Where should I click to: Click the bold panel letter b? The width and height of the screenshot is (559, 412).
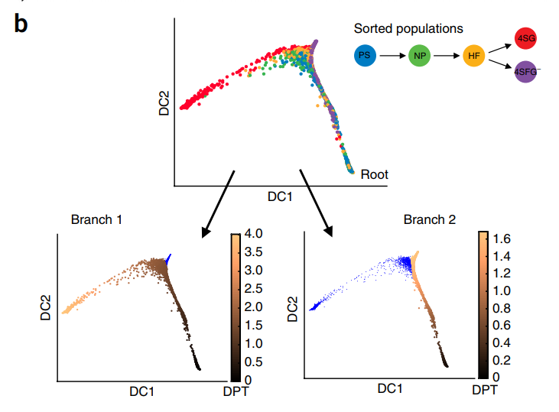(21, 24)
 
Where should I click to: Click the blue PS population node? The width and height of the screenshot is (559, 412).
(366, 56)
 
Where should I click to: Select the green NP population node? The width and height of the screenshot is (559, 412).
(419, 56)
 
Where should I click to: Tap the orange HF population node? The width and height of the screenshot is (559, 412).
(473, 56)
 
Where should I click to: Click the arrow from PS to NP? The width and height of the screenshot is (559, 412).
(392, 56)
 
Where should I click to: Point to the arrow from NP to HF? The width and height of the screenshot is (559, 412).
(446, 56)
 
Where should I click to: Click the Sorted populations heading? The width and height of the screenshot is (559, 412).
(408, 28)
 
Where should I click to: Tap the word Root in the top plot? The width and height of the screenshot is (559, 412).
(375, 174)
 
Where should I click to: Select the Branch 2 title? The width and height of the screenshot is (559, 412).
(430, 219)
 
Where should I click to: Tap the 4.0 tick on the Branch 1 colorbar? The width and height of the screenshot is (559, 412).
(255, 233)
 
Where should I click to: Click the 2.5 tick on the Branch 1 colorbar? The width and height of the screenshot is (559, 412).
(255, 288)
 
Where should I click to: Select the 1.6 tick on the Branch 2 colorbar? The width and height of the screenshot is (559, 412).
(501, 238)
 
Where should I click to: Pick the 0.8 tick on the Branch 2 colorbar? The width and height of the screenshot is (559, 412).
(501, 308)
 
